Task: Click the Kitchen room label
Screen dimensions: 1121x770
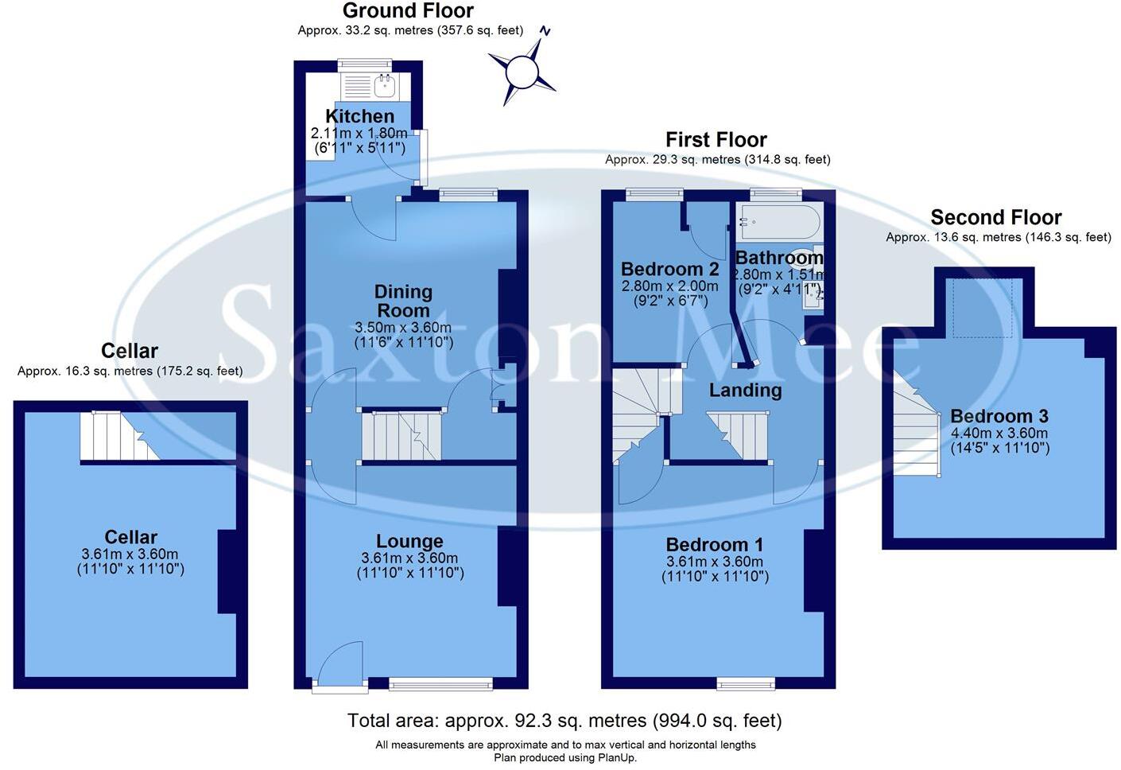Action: point(360,116)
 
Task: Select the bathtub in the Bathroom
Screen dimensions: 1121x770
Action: point(780,221)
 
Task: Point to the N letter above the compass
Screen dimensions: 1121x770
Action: point(545,31)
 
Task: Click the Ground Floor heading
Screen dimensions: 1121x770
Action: point(408,10)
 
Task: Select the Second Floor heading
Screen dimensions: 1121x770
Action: point(996,217)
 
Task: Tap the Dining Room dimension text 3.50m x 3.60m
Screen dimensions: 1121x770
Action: point(403,328)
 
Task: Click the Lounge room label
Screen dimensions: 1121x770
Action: point(409,541)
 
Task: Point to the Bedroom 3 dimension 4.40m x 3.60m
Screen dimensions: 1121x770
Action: point(999,433)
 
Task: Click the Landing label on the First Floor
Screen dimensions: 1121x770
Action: point(745,390)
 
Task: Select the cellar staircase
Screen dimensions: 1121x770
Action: point(120,436)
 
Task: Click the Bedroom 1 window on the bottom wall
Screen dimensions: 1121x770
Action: point(746,683)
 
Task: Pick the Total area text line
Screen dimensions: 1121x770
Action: point(564,721)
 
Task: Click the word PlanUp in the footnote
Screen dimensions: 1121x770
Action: point(616,758)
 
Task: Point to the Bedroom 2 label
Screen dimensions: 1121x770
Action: point(669,270)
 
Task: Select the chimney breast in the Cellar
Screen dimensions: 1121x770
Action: point(227,571)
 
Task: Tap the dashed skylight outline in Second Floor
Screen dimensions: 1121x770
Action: point(983,308)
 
